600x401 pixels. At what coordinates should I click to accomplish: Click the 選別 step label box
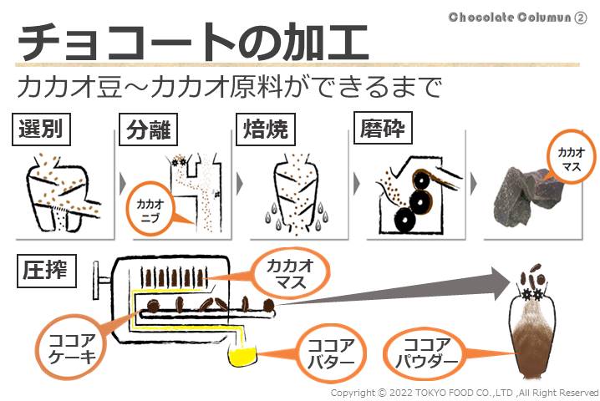41,129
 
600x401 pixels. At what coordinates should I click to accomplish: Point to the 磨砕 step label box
383,128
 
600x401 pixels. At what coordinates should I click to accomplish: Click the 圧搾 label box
46,271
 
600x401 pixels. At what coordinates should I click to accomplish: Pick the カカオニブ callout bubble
150,210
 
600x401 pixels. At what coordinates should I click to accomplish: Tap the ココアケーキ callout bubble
73,348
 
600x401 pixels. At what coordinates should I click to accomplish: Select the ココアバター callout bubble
330,353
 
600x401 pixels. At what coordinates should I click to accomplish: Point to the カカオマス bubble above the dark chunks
571,157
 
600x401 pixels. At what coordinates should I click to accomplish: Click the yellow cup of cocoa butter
242,354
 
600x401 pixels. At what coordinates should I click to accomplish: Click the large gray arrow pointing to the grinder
394,290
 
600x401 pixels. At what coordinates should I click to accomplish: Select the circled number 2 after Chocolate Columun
580,18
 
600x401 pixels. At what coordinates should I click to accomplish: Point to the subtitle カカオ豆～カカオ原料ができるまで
229,87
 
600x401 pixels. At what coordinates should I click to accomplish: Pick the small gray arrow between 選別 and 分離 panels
123,184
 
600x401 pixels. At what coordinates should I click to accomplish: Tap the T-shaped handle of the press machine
100,280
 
